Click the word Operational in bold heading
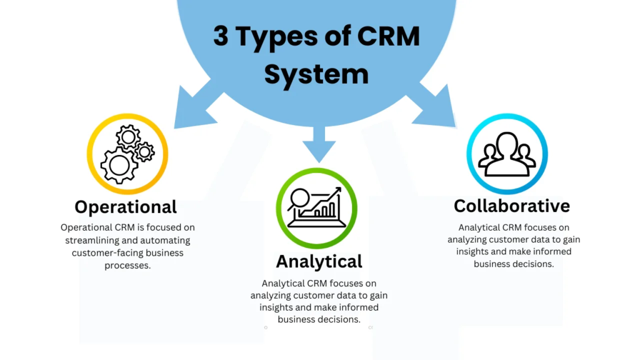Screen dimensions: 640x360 (x=126, y=207)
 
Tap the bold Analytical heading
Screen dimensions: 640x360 (x=319, y=262)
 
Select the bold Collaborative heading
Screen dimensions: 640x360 (x=512, y=206)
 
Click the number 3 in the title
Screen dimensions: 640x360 (x=221, y=36)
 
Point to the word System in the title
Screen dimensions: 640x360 (x=316, y=75)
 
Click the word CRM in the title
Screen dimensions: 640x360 (x=389, y=36)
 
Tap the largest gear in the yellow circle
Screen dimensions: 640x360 (x=119, y=165)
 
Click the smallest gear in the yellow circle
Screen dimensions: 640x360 (x=144, y=152)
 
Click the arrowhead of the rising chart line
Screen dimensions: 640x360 (x=337, y=191)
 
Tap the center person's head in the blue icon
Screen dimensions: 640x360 (x=507, y=143)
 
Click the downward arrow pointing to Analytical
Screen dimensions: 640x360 (x=319, y=144)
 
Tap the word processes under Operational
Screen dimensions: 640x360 (x=127, y=266)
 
